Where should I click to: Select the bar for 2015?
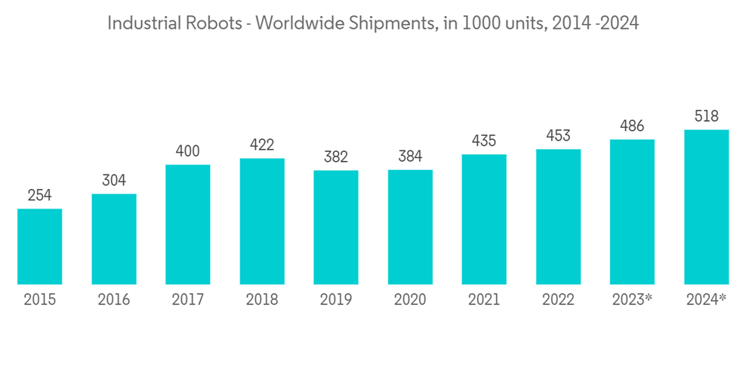[x=39, y=246]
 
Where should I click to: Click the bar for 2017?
[x=187, y=225]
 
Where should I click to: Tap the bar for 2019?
[x=335, y=228]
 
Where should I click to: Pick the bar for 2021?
[x=483, y=219]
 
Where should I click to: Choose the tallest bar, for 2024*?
[x=706, y=207]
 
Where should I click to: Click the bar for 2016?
[x=114, y=239]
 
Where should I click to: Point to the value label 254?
[x=39, y=196]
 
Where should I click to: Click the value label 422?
[x=261, y=145]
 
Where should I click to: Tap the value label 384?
[x=409, y=156]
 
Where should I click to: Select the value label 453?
[x=558, y=136]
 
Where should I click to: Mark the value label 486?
[x=632, y=126]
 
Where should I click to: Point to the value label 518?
[x=706, y=116]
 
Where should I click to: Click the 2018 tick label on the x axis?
[x=261, y=300]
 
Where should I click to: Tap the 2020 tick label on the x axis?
[x=409, y=300]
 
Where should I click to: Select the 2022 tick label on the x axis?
[x=558, y=300]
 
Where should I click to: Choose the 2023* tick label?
[x=632, y=300]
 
